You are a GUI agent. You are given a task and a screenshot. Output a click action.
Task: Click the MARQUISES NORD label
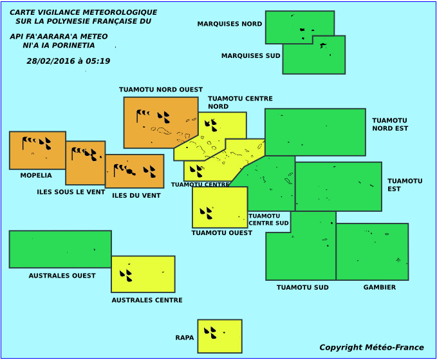tap(230, 24)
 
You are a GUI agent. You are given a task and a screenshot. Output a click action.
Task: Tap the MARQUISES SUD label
tap(251, 56)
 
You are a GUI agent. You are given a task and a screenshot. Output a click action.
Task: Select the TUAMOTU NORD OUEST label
tap(161, 90)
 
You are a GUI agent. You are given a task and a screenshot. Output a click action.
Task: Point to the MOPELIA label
tap(36, 175)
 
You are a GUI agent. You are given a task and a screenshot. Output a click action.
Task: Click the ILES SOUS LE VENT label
tap(71, 192)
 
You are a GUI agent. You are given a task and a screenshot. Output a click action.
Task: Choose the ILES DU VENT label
tap(136, 196)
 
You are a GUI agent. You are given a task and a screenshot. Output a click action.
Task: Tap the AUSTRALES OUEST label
tap(62, 276)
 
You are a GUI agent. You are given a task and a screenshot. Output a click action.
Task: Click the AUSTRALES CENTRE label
tap(147, 300)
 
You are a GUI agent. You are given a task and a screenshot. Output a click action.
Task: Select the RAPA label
tap(185, 337)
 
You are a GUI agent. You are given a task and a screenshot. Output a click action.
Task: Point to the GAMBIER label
tap(380, 287)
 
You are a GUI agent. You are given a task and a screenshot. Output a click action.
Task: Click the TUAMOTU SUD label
tap(302, 287)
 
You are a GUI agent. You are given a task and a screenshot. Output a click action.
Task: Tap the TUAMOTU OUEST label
tap(222, 233)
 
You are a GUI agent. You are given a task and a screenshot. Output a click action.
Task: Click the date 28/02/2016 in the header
tap(51, 61)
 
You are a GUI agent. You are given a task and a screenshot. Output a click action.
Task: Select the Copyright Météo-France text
tap(371, 348)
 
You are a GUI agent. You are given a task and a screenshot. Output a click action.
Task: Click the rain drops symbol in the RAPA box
tap(210, 333)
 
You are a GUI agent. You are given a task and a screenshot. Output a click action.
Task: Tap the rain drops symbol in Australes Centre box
tap(126, 276)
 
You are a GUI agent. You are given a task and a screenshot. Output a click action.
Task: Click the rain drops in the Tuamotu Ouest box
tap(206, 213)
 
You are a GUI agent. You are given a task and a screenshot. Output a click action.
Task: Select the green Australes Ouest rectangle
tap(60, 249)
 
